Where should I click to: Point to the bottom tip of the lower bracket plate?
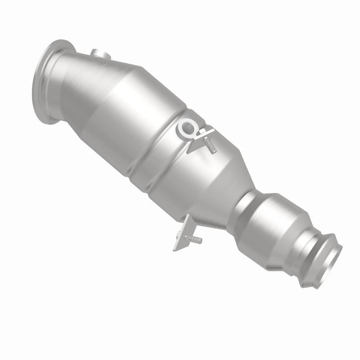coord(176,248)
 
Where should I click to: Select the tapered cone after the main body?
coord(211,180)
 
